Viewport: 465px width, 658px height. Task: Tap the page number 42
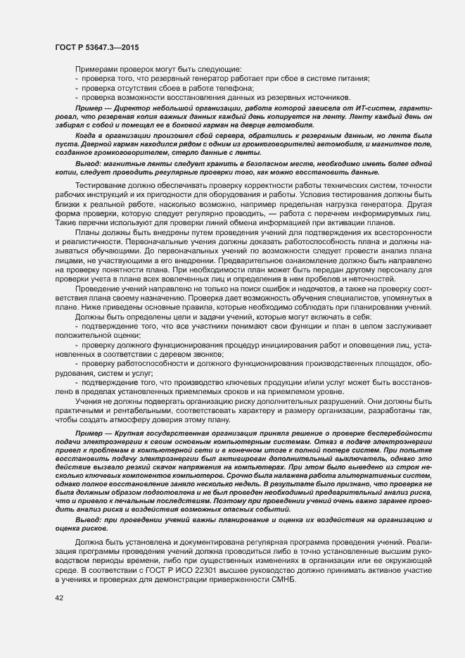pos(59,598)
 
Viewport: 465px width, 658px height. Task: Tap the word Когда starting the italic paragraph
pos(87,134)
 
